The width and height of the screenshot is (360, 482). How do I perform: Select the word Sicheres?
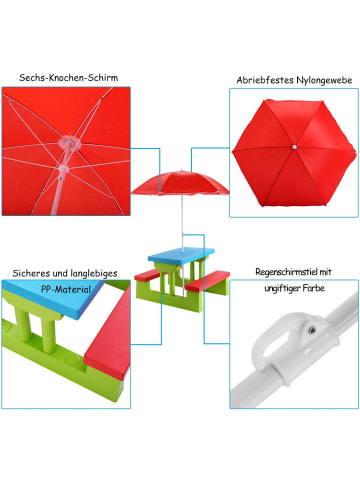(x=36, y=272)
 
